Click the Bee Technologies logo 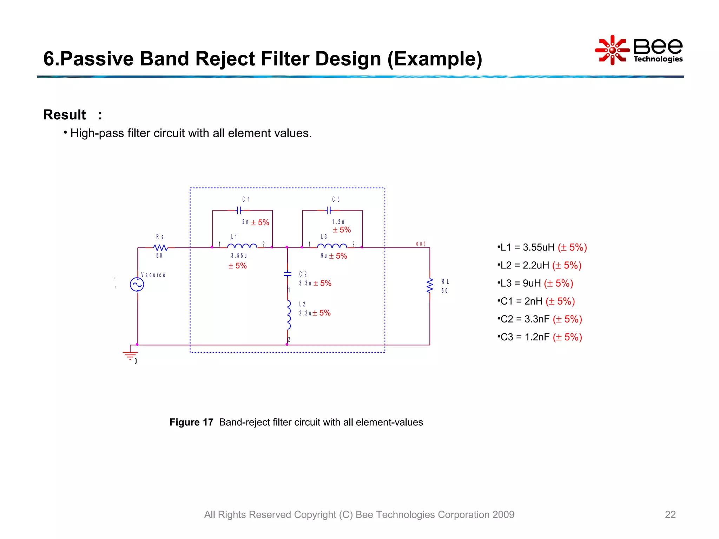(x=639, y=50)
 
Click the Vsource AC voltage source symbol (x=137, y=285)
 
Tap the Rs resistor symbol (x=160, y=248)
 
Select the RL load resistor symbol (x=430, y=286)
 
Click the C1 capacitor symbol (x=239, y=211)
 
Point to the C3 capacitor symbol (x=329, y=211)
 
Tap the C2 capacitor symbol (x=288, y=274)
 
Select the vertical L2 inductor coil (x=289, y=315)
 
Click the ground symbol (x=130, y=355)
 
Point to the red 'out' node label (x=420, y=244)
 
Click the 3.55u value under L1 (x=239, y=256)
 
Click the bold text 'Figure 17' (x=191, y=422)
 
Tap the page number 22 (x=670, y=514)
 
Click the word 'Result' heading (x=65, y=115)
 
